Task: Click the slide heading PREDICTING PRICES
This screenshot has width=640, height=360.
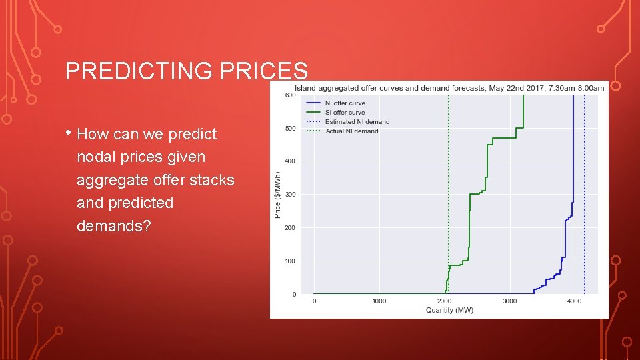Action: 187,71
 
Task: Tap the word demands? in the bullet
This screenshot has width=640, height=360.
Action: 114,225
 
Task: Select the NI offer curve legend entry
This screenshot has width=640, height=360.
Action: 345,103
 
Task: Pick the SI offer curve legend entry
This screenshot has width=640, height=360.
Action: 345,113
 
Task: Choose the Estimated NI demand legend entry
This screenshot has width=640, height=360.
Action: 357,122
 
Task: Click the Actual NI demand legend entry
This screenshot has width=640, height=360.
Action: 351,131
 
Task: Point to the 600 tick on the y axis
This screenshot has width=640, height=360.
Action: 291,95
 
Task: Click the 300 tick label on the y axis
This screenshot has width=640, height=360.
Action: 291,195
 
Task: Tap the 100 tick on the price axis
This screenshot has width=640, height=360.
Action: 291,261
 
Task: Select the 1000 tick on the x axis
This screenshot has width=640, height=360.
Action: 379,301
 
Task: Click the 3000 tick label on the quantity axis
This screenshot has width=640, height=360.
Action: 509,301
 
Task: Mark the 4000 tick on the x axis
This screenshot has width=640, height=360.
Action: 574,301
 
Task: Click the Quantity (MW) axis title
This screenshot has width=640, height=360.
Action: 449,310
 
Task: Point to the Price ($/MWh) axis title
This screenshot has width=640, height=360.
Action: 278,195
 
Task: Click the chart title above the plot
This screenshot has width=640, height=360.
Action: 449,88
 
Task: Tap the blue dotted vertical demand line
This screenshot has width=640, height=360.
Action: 585,200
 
